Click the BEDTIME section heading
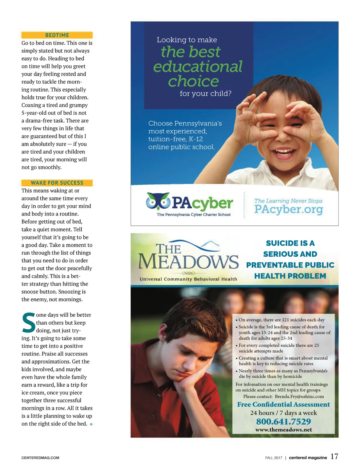pyautogui.click(x=57, y=35)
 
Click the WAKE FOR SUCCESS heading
pyautogui.click(x=57, y=183)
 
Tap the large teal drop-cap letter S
pyautogui.click(x=28, y=323)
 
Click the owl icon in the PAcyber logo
pyautogui.click(x=158, y=201)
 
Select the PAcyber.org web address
pyautogui.click(x=289, y=209)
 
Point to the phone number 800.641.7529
pyautogui.click(x=283, y=421)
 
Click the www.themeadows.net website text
pyautogui.click(x=283, y=430)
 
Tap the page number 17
pyautogui.click(x=334, y=457)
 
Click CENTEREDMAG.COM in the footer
pyautogui.click(x=40, y=458)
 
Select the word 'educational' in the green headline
pyautogui.click(x=198, y=66)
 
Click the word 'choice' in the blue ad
pyautogui.click(x=193, y=81)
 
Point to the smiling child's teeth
pyautogui.click(x=283, y=150)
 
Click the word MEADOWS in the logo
pyautogui.click(x=188, y=262)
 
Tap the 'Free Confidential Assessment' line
pyautogui.click(x=283, y=404)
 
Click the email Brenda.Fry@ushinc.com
pyautogui.click(x=299, y=396)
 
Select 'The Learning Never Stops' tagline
pyautogui.click(x=288, y=201)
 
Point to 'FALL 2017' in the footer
pyautogui.click(x=274, y=458)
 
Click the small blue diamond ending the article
pyautogui.click(x=91, y=424)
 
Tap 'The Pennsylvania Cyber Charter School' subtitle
pyautogui.click(x=193, y=215)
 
